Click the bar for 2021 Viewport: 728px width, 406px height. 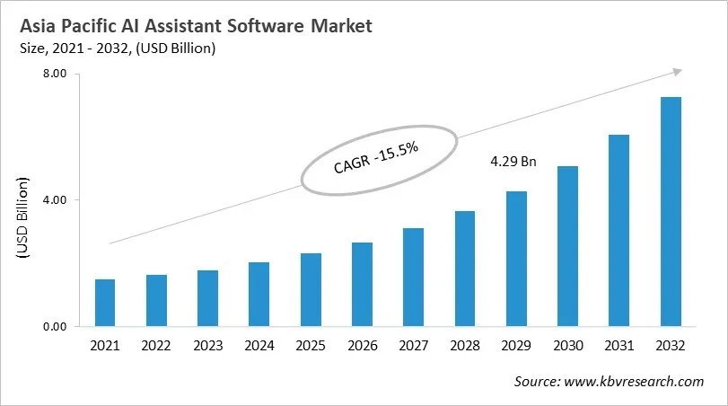[105, 304]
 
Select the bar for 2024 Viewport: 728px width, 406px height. [259, 295]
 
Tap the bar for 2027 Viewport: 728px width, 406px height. [413, 278]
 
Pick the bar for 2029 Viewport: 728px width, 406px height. [515, 259]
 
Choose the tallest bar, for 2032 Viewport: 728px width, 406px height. [671, 212]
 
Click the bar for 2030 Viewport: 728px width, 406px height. [567, 246]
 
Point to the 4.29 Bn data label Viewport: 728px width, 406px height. [513, 163]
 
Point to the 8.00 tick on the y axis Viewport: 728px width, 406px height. [56, 75]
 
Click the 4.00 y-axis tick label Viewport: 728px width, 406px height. [56, 200]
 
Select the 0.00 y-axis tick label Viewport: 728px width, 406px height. [56, 327]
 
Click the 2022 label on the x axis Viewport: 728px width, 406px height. [156, 346]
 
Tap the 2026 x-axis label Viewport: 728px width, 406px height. [362, 346]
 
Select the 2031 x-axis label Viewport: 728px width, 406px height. [618, 346]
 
